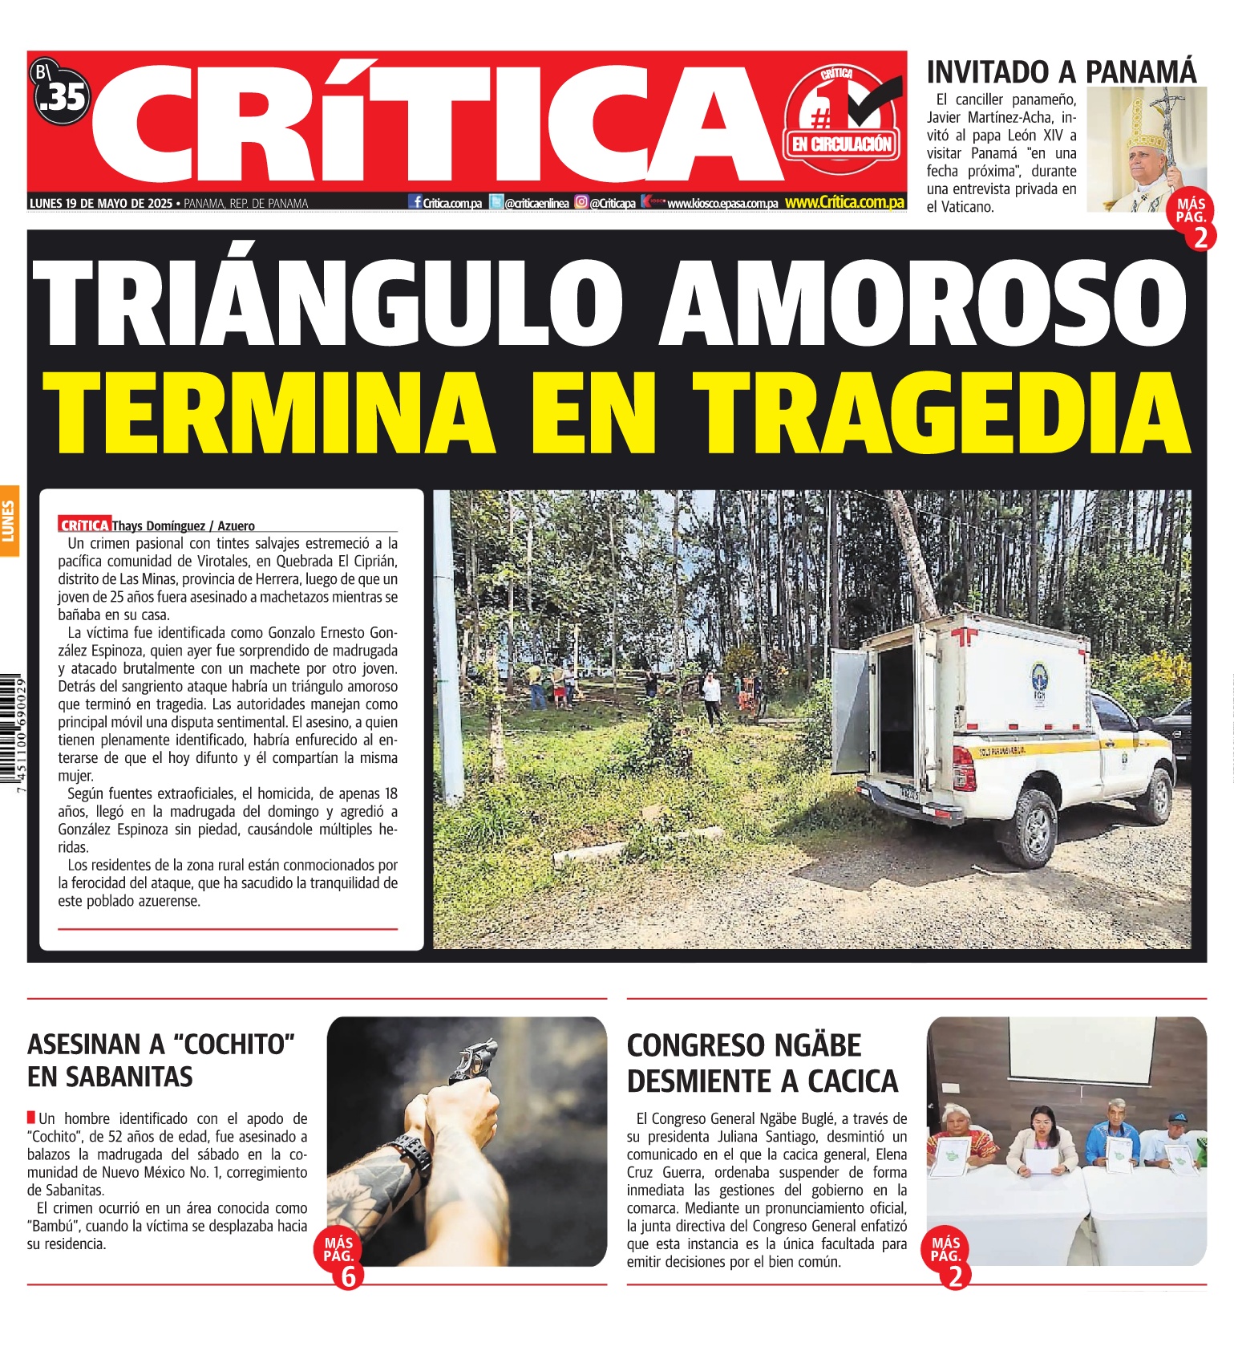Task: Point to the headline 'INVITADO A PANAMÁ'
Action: coord(1061,71)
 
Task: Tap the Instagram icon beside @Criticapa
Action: coord(581,202)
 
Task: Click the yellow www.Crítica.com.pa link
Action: coord(844,202)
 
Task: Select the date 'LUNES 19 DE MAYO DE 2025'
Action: coord(101,203)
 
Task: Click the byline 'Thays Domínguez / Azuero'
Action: coord(183,525)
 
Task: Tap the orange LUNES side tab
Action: coord(10,521)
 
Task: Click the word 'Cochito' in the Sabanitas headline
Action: coord(230,1045)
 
